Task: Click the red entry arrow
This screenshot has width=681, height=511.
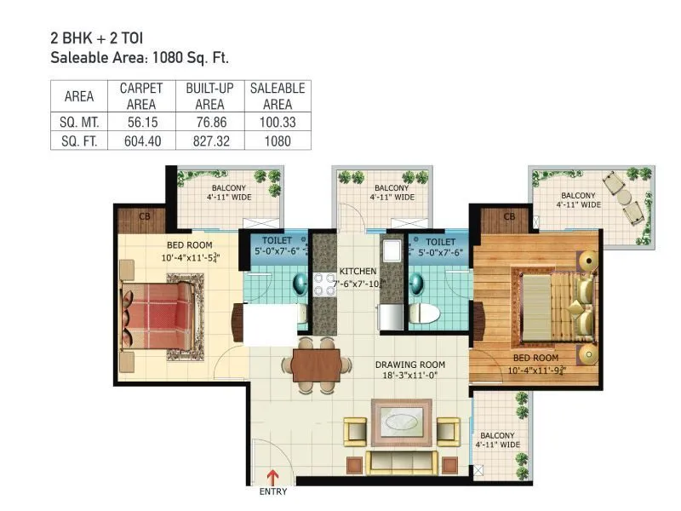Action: tap(273, 475)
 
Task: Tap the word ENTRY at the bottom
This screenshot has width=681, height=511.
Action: tap(273, 491)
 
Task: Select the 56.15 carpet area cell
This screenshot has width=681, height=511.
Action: tap(140, 122)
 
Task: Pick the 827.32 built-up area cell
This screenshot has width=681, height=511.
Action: tap(209, 141)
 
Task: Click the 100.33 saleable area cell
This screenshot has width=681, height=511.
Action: tap(278, 122)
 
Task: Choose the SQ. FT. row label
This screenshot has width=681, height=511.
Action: tap(78, 141)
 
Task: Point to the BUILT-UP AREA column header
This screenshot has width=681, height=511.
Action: tap(209, 95)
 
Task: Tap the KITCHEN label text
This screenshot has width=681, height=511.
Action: tap(358, 271)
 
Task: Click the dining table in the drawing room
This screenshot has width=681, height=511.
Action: tap(316, 365)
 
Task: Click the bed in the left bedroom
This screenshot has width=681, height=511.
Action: tap(157, 315)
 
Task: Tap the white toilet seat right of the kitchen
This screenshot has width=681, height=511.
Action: tap(423, 313)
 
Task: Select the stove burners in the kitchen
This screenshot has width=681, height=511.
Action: tap(323, 284)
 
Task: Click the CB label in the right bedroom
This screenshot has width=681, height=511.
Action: tap(509, 217)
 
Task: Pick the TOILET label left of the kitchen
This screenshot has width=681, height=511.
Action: tap(277, 241)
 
